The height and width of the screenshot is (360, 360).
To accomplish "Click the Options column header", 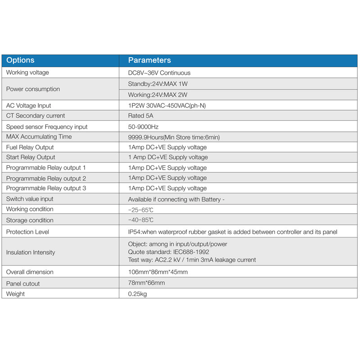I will pos(20,60).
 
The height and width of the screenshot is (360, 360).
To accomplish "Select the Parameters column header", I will pos(149,60).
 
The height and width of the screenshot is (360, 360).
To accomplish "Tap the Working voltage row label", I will pos(27,72).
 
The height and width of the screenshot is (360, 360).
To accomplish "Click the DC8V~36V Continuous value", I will pos(159,73).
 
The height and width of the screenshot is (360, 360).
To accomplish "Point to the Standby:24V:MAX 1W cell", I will pos(157,84).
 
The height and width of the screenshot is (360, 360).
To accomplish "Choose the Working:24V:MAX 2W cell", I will pos(157,95).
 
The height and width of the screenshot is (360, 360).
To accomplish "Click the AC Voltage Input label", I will pos(29,106).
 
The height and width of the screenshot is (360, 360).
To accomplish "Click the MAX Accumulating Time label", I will pos(39,137).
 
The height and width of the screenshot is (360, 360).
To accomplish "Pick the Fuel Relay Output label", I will pos(30,147).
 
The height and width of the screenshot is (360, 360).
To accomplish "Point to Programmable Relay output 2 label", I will pos(46,178).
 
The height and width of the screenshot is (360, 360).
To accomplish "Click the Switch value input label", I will pos(30,199).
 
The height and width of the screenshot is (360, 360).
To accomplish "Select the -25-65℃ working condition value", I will pos(141,209).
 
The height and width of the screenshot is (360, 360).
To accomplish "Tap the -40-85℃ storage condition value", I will pos(141,220).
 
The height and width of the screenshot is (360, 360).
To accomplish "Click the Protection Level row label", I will pos(28,232).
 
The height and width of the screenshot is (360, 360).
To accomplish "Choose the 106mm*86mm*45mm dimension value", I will pos(158,272).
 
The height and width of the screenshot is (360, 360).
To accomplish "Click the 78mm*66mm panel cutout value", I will pos(147,283).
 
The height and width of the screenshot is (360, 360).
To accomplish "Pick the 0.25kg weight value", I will pos(138,294).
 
